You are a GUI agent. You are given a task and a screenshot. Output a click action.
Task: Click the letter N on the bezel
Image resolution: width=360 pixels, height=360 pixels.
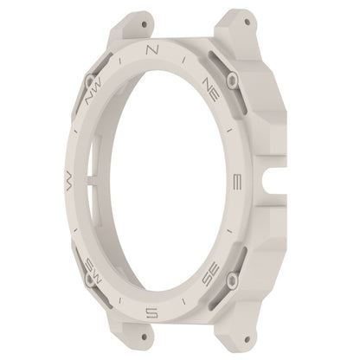pos(152,49)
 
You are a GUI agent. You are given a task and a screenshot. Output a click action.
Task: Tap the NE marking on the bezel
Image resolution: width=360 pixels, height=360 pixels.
pos(211,89)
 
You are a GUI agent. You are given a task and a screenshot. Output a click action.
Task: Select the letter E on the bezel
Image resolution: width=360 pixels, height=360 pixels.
pos(237,182)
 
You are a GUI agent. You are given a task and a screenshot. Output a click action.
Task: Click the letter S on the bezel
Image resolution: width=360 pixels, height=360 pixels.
pos(151,312)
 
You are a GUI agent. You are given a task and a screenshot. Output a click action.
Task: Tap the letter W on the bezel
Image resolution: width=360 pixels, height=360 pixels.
pos(68,180)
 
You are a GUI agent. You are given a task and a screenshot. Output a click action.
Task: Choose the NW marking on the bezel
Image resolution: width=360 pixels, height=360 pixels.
pos(93,91)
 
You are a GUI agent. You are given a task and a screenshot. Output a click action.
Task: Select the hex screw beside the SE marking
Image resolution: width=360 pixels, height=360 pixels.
pos(232,280)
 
